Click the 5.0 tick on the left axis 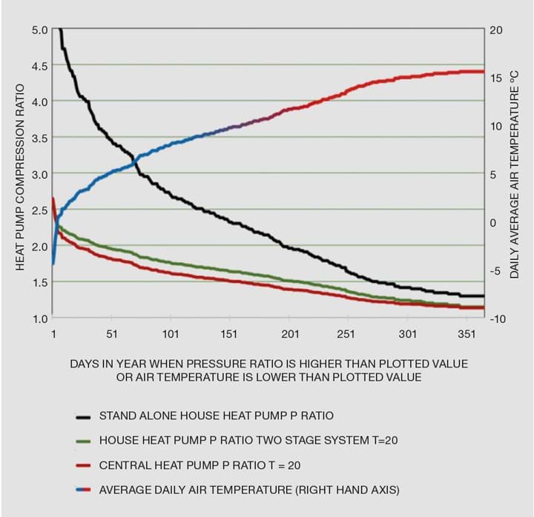tap(38, 30)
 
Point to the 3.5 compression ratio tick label tap(38, 138)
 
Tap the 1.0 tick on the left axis tap(38, 318)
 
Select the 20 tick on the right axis tap(496, 30)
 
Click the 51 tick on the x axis tap(112, 334)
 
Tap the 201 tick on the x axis tap(290, 334)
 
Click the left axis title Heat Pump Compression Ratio tap(20, 174)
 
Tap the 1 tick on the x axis tap(53, 334)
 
